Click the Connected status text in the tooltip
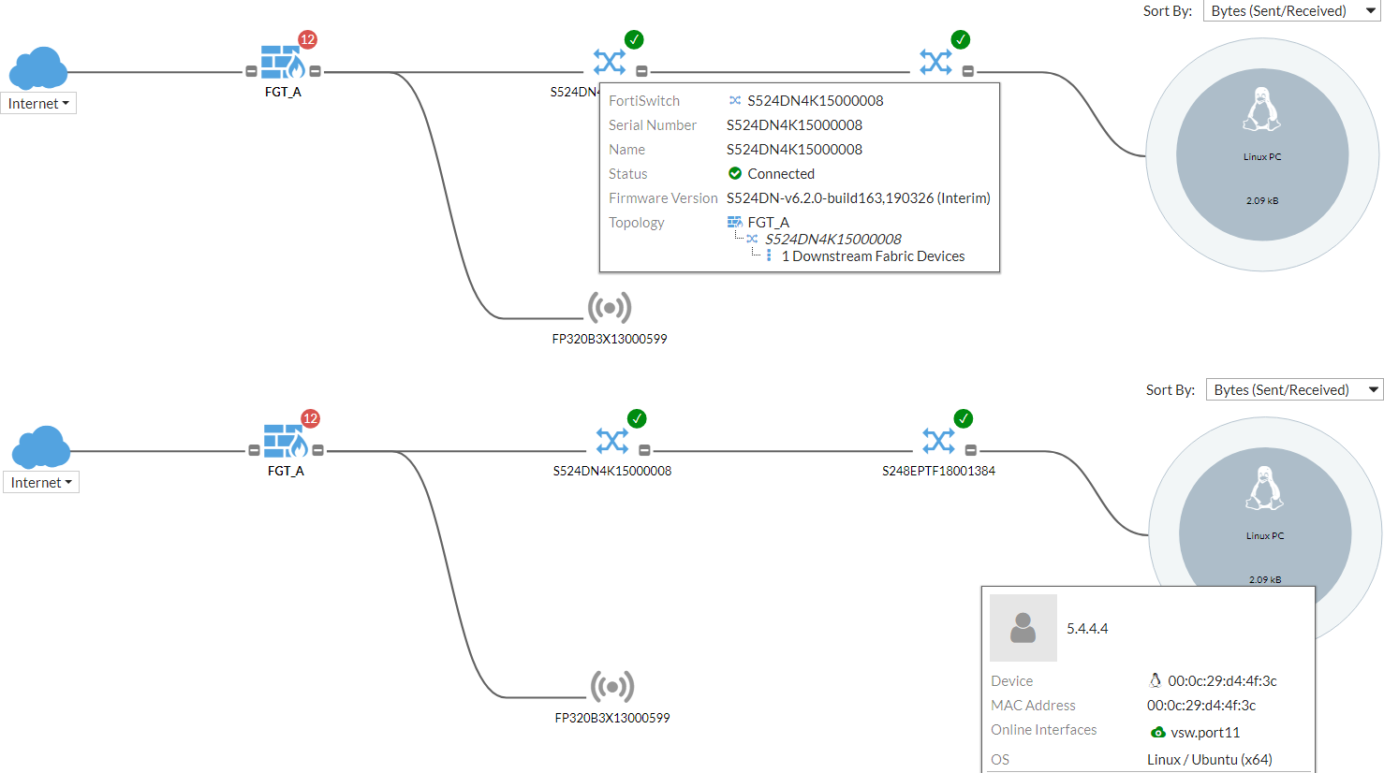pyautogui.click(x=780, y=174)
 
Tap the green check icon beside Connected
pyautogui.click(x=735, y=174)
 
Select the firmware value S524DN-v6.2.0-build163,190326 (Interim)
pyautogui.click(x=858, y=198)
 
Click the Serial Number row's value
pyautogui.click(x=794, y=125)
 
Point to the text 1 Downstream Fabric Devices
pyautogui.click(x=873, y=256)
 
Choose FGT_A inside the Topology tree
pyautogui.click(x=768, y=223)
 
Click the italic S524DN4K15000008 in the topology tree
pyautogui.click(x=832, y=240)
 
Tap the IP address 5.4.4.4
pyautogui.click(x=1087, y=629)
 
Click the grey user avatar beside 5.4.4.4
pyautogui.click(x=1023, y=628)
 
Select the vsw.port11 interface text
pyautogui.click(x=1205, y=733)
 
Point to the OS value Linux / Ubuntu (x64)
pyautogui.click(x=1209, y=760)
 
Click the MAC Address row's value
pyautogui.click(x=1201, y=706)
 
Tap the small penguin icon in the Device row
pyautogui.click(x=1156, y=681)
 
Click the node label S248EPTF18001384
pyautogui.click(x=938, y=471)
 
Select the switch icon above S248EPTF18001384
pyautogui.click(x=938, y=440)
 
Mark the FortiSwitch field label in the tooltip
pyautogui.click(x=644, y=101)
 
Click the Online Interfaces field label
pyautogui.click(x=1043, y=730)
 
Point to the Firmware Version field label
pyautogui.click(x=663, y=198)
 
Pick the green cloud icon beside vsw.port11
pyautogui.click(x=1158, y=733)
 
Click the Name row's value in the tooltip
pyautogui.click(x=794, y=150)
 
